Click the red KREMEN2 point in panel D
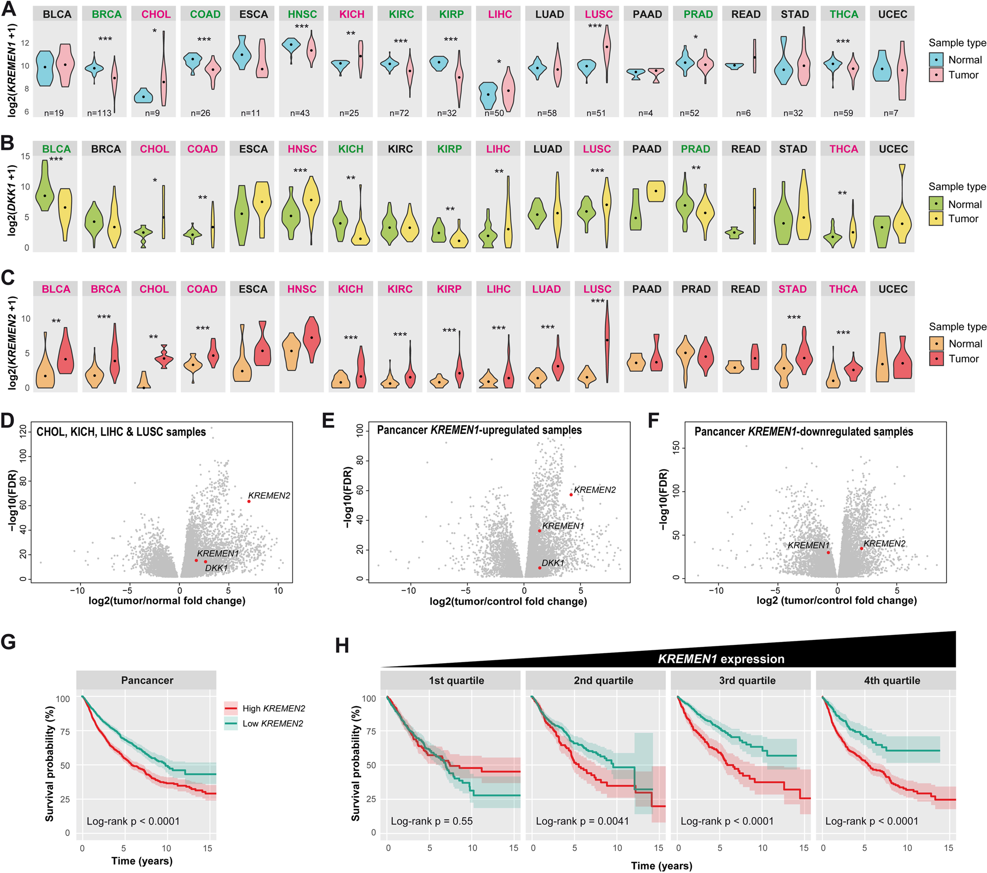click(249, 501)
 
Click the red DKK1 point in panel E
click(540, 568)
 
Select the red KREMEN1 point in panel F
click(828, 552)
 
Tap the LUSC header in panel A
click(599, 14)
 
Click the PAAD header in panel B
click(647, 149)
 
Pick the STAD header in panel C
click(793, 289)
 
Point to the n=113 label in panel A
click(99, 113)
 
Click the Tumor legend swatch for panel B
click(936, 219)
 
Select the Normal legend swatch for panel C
click(937, 344)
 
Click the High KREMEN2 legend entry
click(265, 708)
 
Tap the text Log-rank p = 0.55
click(431, 821)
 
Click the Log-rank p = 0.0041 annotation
click(582, 821)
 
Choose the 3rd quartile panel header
click(747, 680)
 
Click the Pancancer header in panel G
click(147, 680)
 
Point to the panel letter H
click(342, 645)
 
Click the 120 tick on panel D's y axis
click(23, 432)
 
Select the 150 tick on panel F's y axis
click(676, 448)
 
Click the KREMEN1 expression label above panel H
click(721, 659)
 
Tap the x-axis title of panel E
click(508, 601)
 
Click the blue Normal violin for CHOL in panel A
click(143, 96)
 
